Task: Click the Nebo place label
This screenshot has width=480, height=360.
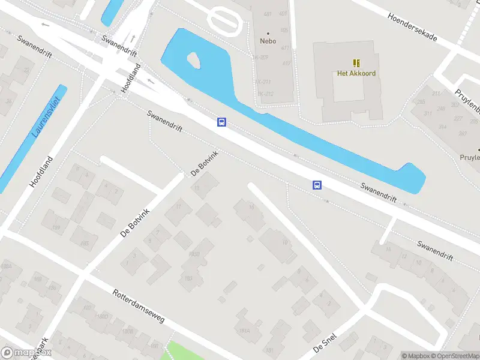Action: point(268,41)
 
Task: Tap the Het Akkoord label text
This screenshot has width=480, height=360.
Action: point(356,74)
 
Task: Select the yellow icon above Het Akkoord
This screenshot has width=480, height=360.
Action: point(356,63)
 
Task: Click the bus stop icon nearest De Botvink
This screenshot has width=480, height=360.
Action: point(221,122)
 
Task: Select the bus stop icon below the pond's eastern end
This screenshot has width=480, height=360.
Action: point(317,185)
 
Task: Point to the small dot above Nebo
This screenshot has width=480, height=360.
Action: point(268,33)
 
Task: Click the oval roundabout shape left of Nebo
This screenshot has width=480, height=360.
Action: point(226,21)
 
